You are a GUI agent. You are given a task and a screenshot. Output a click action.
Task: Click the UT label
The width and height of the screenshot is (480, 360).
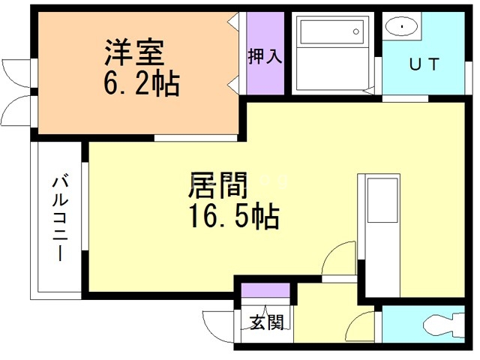(x=424, y=64)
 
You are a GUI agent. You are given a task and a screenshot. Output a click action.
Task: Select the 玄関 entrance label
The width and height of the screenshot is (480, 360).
(x=266, y=323)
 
